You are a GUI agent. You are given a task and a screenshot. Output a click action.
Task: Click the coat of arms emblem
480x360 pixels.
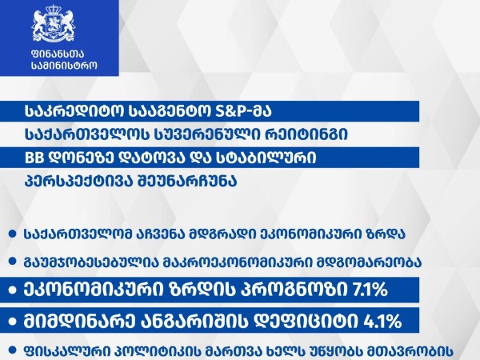[54, 25]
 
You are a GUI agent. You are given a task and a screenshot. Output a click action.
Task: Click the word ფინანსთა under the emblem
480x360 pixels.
[58, 54]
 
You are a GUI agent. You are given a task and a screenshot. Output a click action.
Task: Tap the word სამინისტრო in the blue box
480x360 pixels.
[64, 66]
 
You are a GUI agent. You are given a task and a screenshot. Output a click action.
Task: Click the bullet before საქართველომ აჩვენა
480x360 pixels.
[13, 234]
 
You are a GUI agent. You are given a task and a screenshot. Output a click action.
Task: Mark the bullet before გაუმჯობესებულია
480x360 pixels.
[13, 262]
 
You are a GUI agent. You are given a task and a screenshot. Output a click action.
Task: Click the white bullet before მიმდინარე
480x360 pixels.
[13, 322]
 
